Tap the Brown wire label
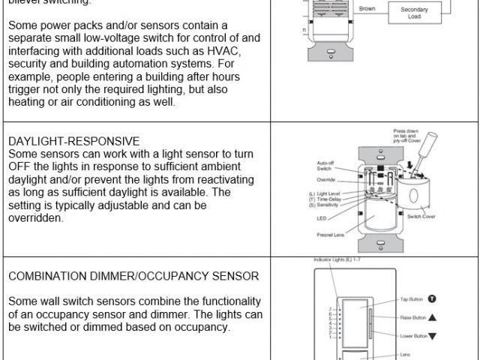[x=367, y=9]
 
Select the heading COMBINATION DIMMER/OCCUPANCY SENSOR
[x=134, y=276]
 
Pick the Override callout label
[x=326, y=181]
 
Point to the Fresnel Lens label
[x=330, y=234]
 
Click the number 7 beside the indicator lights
[x=329, y=309]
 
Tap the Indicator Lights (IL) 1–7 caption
[x=337, y=259]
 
